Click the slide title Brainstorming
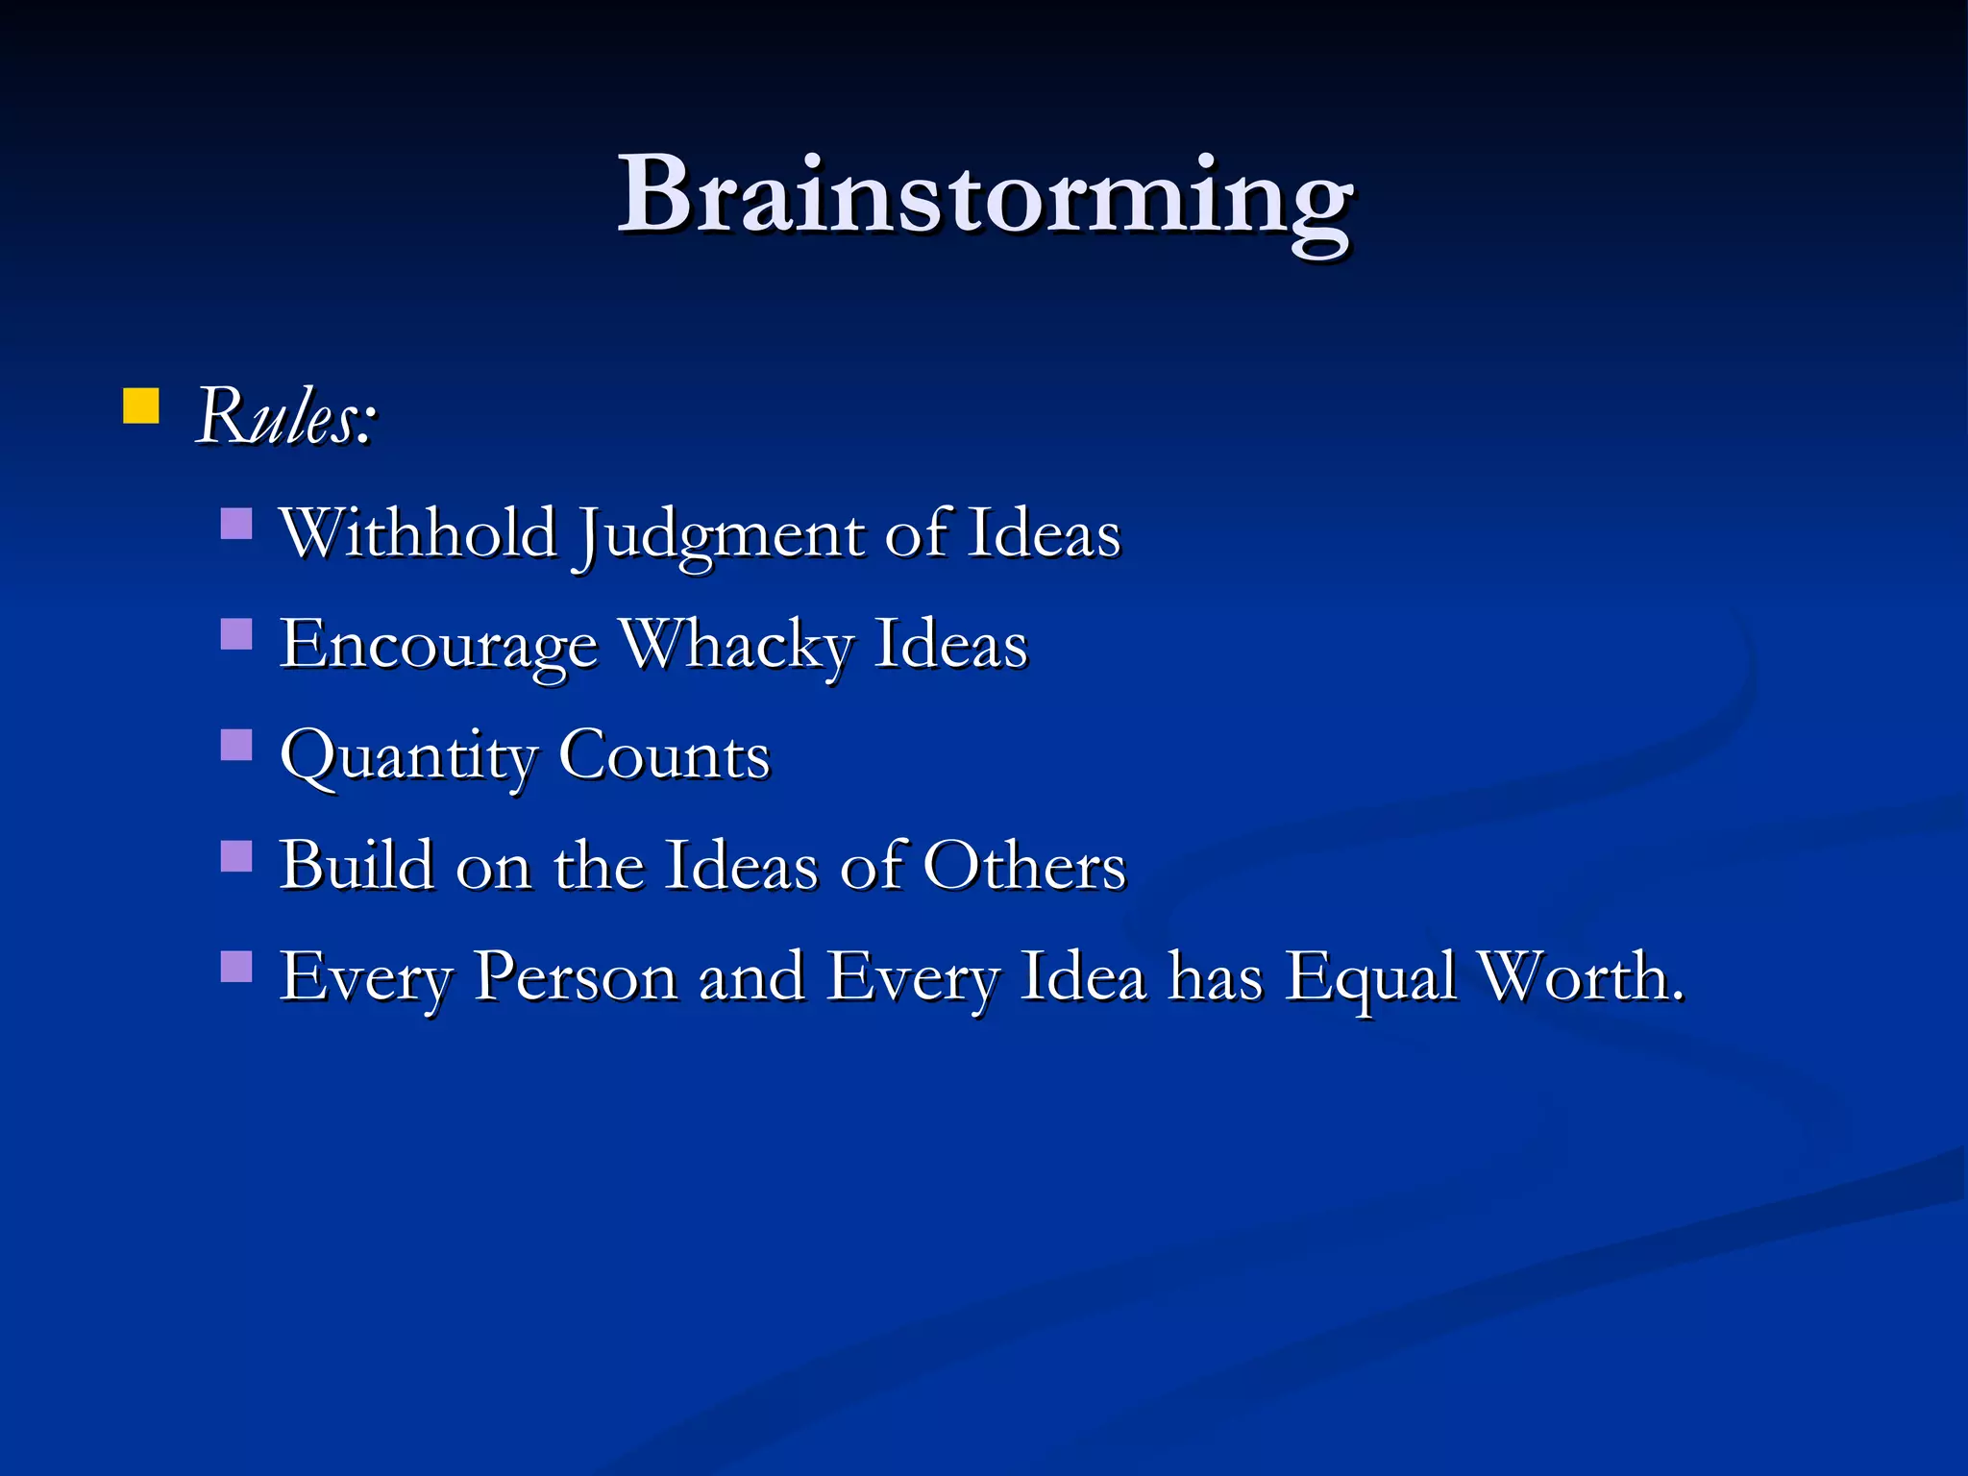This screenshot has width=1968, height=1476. [984, 197]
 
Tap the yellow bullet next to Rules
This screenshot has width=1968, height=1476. [141, 406]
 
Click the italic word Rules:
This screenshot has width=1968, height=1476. [286, 417]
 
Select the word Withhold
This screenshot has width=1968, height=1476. [418, 533]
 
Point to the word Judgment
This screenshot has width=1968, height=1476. [719, 535]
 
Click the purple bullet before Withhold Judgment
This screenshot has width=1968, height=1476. [236, 524]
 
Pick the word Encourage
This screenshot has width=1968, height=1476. [438, 646]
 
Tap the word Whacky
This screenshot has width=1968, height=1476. [736, 644]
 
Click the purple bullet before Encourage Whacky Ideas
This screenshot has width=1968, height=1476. [236, 634]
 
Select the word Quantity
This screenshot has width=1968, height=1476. [407, 757]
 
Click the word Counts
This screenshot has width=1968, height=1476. [664, 755]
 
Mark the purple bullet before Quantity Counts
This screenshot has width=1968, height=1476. [236, 745]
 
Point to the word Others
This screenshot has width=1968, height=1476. [1024, 865]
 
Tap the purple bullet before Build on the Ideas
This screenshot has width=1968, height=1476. [236, 855]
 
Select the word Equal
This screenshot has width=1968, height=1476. [1371, 978]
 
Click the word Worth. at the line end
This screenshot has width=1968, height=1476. [1581, 976]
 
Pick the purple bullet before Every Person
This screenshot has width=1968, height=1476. [236, 966]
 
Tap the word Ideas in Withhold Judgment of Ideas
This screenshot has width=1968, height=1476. [1044, 533]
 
